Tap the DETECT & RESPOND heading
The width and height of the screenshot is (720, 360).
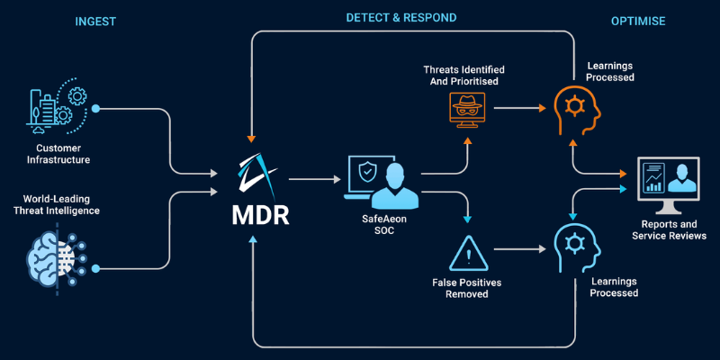pyautogui.click(x=401, y=17)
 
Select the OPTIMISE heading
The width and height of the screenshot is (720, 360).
pyautogui.click(x=637, y=21)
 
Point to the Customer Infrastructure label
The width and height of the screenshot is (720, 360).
pyautogui.click(x=64, y=154)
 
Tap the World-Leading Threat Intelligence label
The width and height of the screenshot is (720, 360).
pyautogui.click(x=63, y=204)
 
